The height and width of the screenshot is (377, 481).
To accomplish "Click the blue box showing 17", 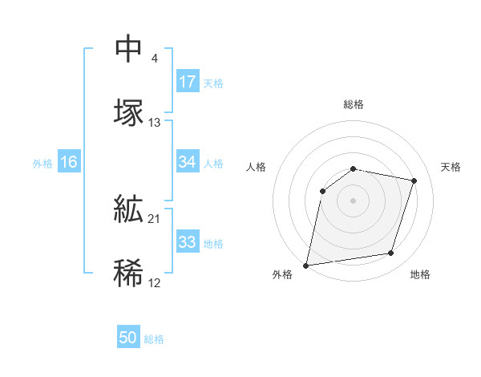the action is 187,82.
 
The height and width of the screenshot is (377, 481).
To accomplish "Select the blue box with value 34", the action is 187,162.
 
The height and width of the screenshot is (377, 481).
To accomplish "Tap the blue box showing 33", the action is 187,242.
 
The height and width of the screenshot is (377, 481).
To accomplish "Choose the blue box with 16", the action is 68,162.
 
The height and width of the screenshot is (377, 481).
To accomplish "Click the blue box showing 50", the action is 128,338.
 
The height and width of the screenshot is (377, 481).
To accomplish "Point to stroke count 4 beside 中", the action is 154,58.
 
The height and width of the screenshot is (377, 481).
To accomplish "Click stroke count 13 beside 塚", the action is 155,122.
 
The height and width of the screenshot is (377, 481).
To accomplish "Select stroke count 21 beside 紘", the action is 155,218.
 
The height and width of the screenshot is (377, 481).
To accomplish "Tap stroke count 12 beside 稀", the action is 155,282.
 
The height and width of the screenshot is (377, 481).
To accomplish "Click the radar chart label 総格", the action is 353,104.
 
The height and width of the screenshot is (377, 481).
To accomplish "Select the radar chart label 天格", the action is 451,167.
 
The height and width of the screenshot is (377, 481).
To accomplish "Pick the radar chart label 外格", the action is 282,275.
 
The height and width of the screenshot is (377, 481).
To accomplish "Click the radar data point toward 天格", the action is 414,180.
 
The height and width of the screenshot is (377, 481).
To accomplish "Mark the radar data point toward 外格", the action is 306,265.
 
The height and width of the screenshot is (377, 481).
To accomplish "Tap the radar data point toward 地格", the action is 391,253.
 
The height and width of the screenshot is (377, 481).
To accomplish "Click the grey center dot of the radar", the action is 353,201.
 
